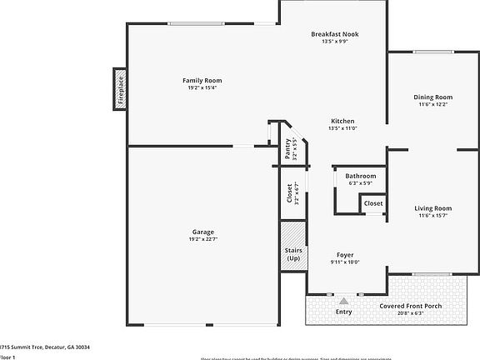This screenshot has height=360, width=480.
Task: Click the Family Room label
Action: [x=202, y=80]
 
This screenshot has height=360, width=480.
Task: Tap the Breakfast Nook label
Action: [x=333, y=34]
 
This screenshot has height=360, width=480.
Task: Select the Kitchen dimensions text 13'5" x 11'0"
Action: [x=342, y=128]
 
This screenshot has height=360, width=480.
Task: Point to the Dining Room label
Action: [x=432, y=97]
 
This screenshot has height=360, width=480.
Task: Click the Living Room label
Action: [x=432, y=207]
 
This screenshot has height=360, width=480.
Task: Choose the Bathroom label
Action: [x=361, y=176]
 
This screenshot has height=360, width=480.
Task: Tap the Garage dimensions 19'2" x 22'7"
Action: [x=203, y=240]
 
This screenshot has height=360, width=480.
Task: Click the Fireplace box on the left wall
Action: [x=120, y=89]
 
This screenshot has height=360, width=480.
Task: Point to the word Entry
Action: [x=342, y=312]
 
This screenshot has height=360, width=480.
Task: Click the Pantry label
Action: [x=287, y=148]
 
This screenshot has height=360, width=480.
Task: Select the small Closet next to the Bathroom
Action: [x=373, y=203]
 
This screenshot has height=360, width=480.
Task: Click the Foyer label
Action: [x=344, y=255]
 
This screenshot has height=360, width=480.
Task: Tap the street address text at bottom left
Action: [x=45, y=347]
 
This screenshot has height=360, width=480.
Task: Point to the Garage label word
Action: [x=203, y=232]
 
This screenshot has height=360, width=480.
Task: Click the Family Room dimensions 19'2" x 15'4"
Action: [x=202, y=87]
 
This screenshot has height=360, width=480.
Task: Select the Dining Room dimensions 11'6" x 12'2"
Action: [x=432, y=104]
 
